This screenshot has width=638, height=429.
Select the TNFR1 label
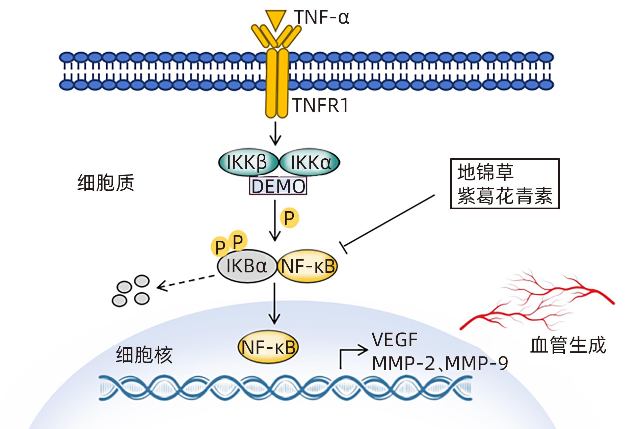coord(320,105)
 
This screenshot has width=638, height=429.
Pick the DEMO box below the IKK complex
coord(278,186)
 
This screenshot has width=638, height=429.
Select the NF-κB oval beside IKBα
coord(308,266)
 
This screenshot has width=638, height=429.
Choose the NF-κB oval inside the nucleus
coord(269,347)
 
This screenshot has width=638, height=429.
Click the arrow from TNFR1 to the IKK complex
coord(276,133)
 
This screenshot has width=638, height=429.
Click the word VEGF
coord(395,340)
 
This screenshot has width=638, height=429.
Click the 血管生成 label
coord(568,345)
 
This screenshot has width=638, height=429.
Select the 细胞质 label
coord(106,183)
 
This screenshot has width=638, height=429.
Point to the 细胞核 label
coord(144,354)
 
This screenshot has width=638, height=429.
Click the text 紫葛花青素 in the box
coord(505,196)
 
